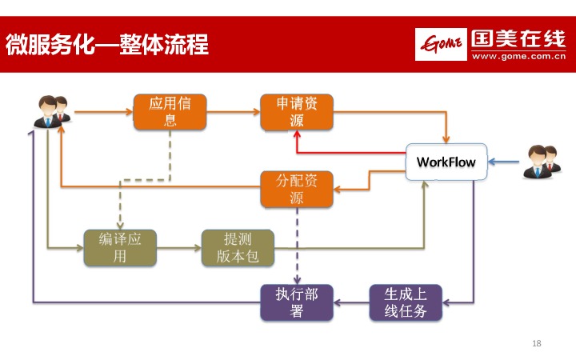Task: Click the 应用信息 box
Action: (170, 112)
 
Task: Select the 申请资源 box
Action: (296, 112)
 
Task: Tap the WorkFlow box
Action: (446, 162)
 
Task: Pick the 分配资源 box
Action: (296, 190)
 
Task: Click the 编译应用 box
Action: (120, 248)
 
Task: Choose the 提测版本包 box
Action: (238, 248)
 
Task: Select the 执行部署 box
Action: (296, 302)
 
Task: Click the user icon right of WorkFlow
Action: (544, 162)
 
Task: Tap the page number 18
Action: (537, 343)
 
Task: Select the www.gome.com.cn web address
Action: (519, 57)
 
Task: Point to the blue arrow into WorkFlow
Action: (504, 162)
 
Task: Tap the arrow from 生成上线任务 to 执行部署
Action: (351, 302)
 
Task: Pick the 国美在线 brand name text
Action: (519, 38)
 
